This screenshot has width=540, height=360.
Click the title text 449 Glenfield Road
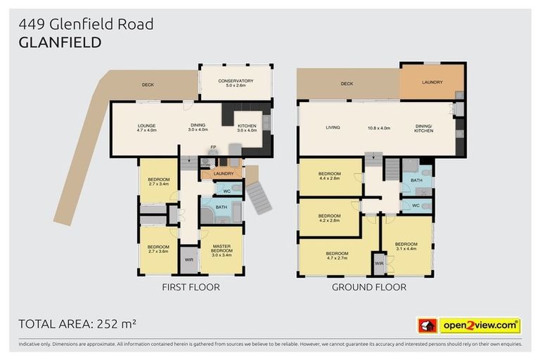[x=86, y=25]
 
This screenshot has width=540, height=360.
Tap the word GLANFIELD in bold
[x=60, y=42]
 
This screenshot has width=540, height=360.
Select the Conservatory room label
[x=236, y=83]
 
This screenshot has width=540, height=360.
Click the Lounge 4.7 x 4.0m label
[x=146, y=127]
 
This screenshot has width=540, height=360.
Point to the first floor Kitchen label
[x=247, y=127]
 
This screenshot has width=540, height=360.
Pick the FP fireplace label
[x=213, y=146]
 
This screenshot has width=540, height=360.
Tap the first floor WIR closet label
[x=189, y=259]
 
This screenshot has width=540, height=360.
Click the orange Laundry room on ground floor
[x=432, y=82]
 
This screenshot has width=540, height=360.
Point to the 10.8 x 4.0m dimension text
[x=379, y=128]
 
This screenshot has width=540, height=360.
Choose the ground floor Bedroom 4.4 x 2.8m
[x=329, y=176]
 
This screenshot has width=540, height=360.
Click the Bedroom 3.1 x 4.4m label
[x=406, y=246]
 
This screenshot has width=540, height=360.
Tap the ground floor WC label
[x=415, y=206]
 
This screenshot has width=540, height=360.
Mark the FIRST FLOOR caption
[x=191, y=287]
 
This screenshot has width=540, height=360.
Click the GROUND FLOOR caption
[x=368, y=287]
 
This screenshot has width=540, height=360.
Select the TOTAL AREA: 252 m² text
[x=77, y=324]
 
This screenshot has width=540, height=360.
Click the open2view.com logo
[x=480, y=326]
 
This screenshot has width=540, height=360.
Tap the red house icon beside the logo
[x=427, y=326]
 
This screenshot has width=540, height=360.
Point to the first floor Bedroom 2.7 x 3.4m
[x=158, y=182]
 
